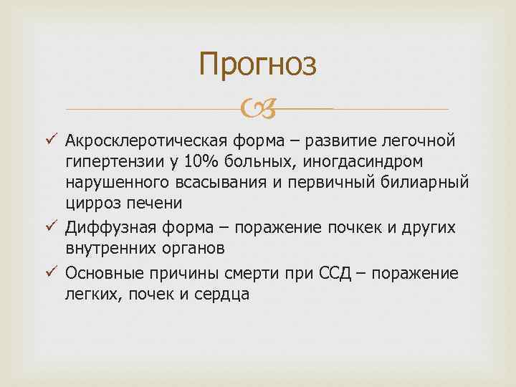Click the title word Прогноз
tap(257, 64)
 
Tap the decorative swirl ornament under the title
tap(257, 109)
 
